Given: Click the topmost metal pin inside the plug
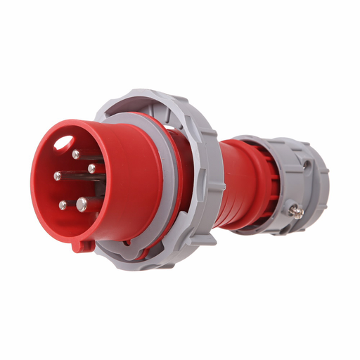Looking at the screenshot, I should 76,154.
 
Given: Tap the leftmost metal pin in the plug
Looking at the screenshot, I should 57,176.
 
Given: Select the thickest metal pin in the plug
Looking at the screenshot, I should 82,204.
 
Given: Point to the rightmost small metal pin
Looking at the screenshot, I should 92,168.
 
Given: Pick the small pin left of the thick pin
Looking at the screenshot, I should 63,205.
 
